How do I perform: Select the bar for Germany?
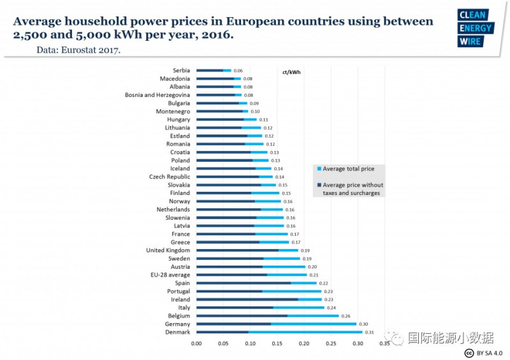[276, 324]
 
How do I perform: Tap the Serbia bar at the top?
[214, 70]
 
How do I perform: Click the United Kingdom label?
[168, 250]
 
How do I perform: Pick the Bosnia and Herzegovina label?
[157, 95]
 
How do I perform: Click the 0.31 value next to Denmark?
[368, 332]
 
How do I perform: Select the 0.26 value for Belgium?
[345, 315]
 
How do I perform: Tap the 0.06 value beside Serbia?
[238, 70]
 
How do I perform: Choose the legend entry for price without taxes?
[351, 189]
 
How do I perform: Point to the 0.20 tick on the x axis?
[304, 343]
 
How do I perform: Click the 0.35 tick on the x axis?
[384, 343]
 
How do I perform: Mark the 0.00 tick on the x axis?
[196, 343]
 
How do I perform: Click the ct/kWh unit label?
[291, 72]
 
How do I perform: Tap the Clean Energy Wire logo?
[475, 29]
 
